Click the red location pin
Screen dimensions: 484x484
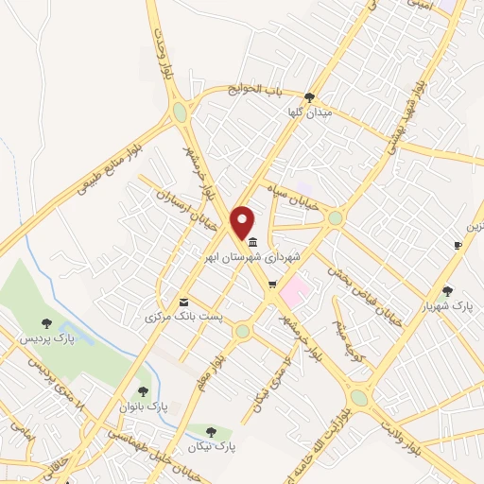click(243, 222)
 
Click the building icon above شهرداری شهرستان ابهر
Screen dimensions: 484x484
click(251, 241)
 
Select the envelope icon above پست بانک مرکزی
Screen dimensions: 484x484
click(182, 301)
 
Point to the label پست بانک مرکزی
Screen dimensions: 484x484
click(184, 316)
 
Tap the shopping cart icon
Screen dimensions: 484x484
click(272, 285)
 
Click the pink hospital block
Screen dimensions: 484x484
click(294, 289)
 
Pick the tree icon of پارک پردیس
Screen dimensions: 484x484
click(47, 324)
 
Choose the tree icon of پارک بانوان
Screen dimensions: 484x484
click(143, 390)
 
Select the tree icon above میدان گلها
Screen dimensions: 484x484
click(310, 97)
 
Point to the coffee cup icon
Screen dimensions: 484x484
click(458, 246)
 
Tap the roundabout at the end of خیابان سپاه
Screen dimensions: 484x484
click(335, 217)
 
